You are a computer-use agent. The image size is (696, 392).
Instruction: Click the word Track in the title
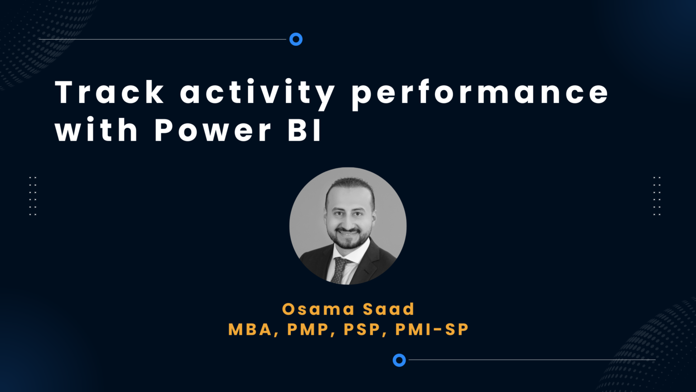tap(109, 92)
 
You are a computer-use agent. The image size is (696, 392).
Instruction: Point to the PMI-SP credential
tap(432, 330)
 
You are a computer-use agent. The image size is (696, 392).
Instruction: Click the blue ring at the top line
tap(296, 39)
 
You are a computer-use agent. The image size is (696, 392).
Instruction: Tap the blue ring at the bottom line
tap(399, 360)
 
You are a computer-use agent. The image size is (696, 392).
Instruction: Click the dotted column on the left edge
tap(33, 196)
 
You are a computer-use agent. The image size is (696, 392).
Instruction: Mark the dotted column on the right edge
tap(657, 196)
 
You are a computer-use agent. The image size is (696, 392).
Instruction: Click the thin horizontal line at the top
tap(163, 39)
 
